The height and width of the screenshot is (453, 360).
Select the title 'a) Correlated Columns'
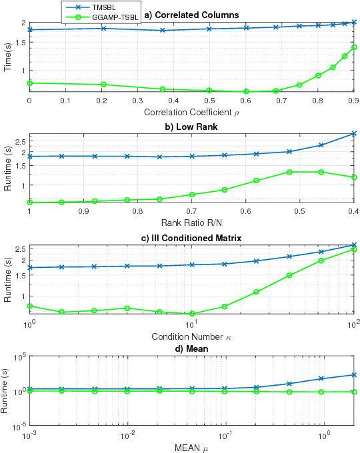pos(191,15)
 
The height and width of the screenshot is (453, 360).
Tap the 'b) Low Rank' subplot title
pos(191,127)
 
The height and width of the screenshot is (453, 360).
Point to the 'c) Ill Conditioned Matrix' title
pos(191,238)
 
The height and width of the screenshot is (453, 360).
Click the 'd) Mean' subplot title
pos(191,349)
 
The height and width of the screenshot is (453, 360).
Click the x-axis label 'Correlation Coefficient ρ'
pos(191,111)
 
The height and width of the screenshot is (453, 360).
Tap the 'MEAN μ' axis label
pos(191,446)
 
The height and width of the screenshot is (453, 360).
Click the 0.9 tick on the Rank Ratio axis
pos(83,211)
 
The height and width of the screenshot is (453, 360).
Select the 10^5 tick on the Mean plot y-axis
pos(17,358)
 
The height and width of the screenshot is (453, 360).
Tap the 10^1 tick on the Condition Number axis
pos(191,323)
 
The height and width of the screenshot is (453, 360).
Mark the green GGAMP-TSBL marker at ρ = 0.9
pos(353,47)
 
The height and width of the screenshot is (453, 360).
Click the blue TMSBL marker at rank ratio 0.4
pos(353,134)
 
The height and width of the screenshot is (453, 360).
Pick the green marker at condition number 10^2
pos(353,250)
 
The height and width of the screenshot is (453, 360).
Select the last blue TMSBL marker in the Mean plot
pos(353,375)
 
